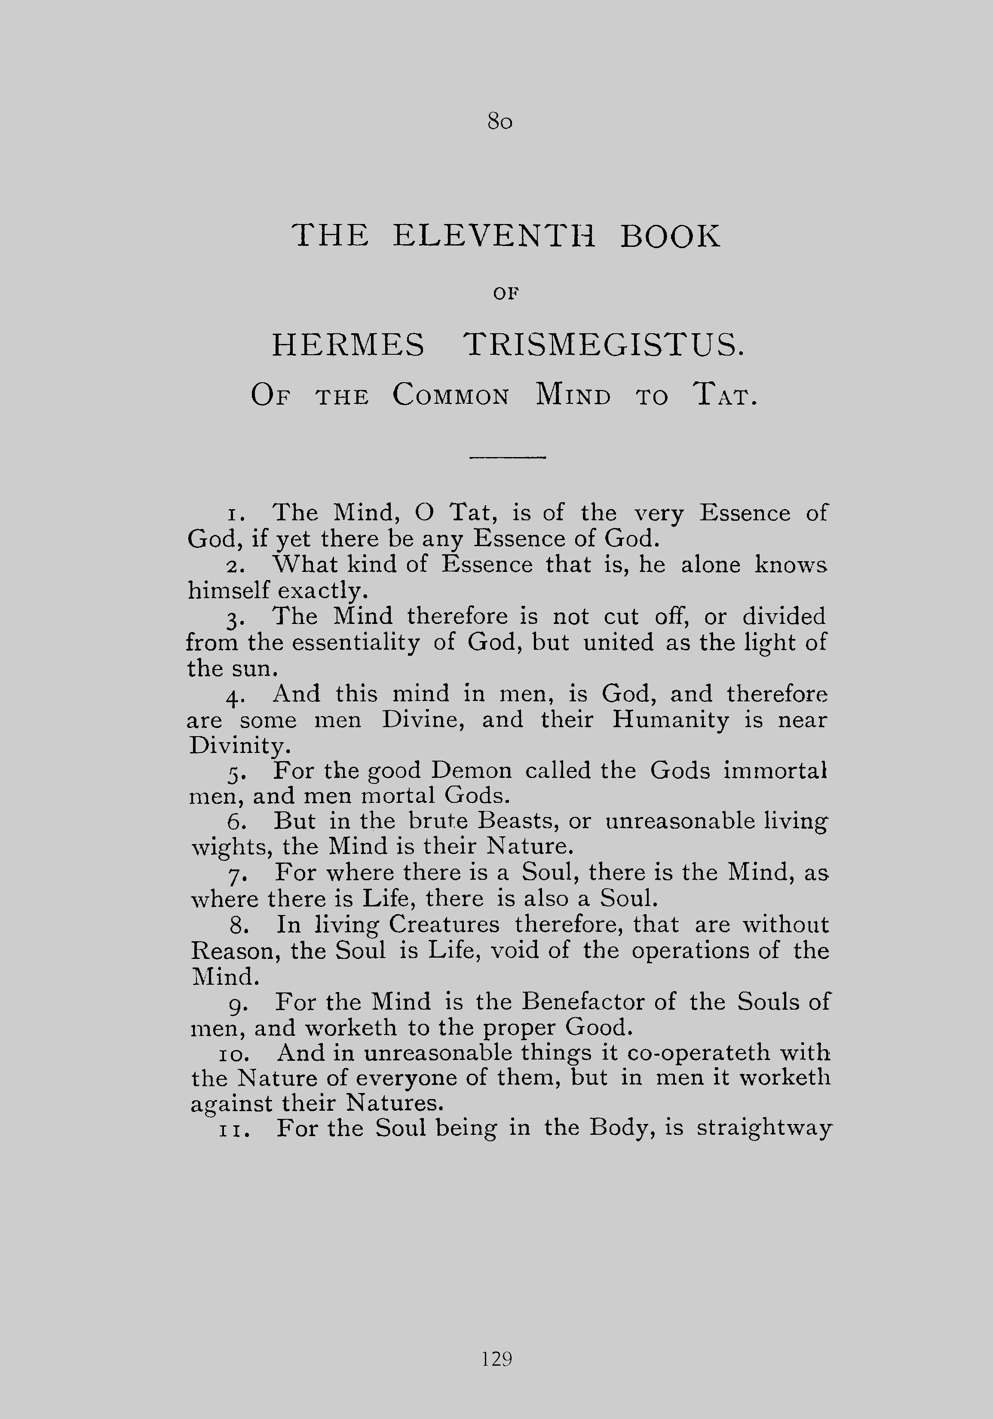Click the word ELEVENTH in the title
tap(494, 236)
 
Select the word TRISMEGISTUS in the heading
tap(604, 345)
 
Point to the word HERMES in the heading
tap(349, 345)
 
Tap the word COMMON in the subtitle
tap(451, 396)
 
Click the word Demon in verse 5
tap(472, 770)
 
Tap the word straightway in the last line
tap(764, 1128)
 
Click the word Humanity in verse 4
tap(671, 720)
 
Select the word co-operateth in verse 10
tap(696, 1053)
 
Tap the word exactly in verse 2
tap(322, 591)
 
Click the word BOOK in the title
tap(670, 236)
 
